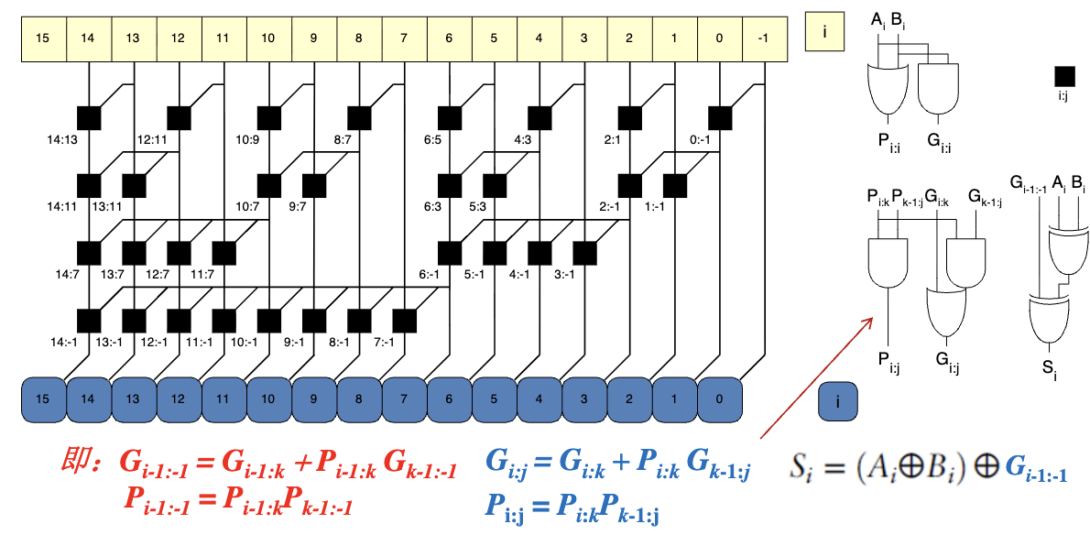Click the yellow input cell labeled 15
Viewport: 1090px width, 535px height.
(x=43, y=38)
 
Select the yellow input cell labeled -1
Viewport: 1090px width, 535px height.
(x=765, y=38)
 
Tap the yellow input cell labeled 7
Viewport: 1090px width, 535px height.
(x=404, y=38)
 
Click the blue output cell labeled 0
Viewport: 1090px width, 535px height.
(x=719, y=399)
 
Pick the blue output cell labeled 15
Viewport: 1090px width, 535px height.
(x=43, y=399)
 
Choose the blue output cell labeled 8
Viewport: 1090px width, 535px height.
(x=359, y=399)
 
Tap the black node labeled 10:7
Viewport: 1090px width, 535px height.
(x=269, y=186)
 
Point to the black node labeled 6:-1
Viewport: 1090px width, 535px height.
(x=449, y=253)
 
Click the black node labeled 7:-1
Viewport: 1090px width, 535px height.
(x=404, y=321)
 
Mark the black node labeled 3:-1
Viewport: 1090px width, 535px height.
(x=584, y=253)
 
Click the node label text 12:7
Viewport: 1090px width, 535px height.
(x=158, y=275)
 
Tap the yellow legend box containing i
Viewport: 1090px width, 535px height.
(x=824, y=31)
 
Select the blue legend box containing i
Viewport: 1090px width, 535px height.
(x=838, y=401)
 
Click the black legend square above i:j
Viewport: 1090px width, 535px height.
(x=1064, y=77)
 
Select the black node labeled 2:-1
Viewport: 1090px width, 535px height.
(x=630, y=186)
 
